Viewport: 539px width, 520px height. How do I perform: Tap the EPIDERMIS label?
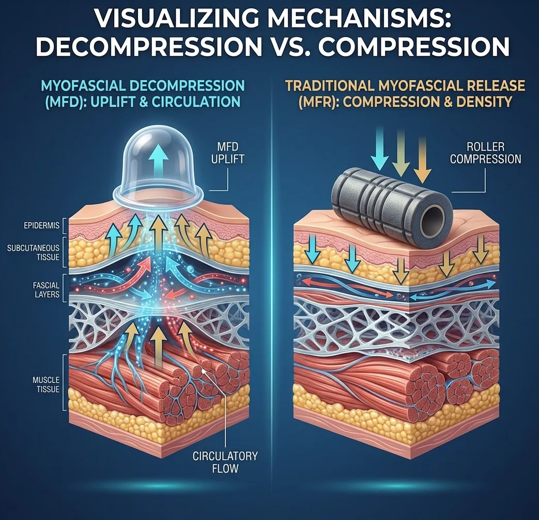tap(41, 226)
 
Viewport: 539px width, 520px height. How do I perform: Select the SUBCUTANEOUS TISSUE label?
tap(34, 252)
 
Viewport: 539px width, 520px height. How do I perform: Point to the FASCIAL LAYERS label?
tap(46, 290)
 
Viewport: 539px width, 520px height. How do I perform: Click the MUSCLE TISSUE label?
tap(46, 384)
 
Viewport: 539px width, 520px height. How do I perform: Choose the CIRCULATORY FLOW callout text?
tap(225, 462)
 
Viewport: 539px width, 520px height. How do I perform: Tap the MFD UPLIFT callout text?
tap(227, 153)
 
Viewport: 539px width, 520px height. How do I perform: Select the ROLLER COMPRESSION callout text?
tap(485, 153)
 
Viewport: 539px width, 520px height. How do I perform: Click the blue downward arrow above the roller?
tap(380, 149)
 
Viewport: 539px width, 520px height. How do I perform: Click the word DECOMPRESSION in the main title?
tap(149, 46)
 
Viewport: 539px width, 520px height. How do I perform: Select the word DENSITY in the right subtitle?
tap(484, 102)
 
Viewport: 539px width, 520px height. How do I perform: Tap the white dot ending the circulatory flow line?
tap(204, 371)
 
